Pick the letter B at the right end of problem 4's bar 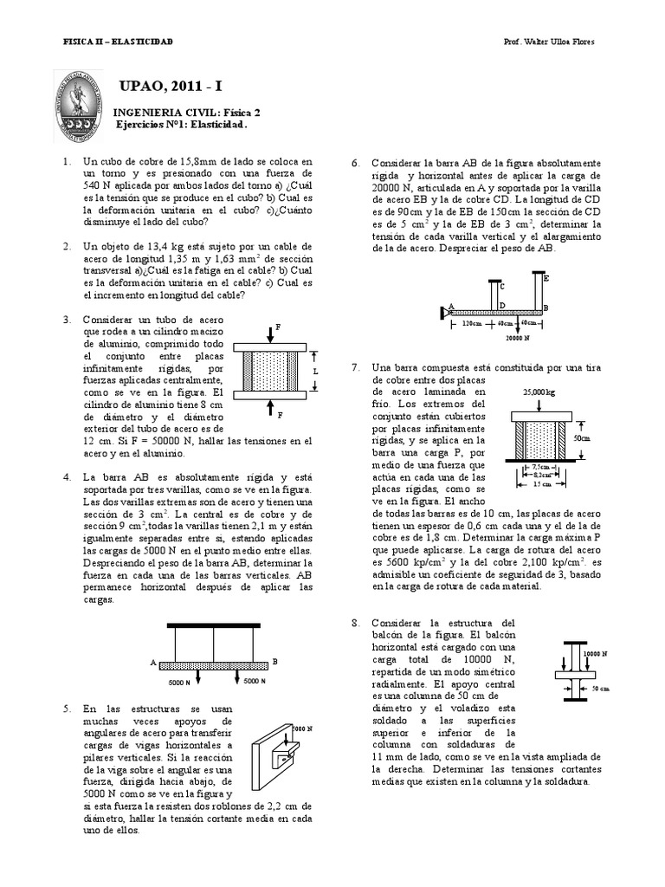click(x=274, y=662)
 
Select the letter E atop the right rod click(x=546, y=279)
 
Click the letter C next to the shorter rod click(x=502, y=285)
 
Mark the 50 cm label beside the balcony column click(x=600, y=689)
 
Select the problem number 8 click(x=355, y=623)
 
